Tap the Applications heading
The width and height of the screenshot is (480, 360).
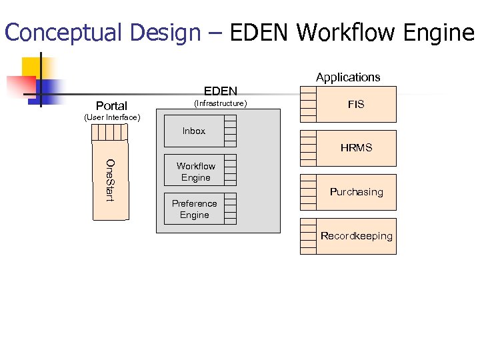pyautogui.click(x=348, y=77)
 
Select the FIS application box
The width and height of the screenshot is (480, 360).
pyautogui.click(x=356, y=105)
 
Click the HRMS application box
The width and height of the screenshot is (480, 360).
pyautogui.click(x=356, y=148)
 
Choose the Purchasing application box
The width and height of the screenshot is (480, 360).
pyautogui.click(x=356, y=192)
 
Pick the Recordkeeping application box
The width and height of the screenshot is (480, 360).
pyautogui.click(x=356, y=236)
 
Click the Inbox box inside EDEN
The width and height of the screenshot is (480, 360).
pyautogui.click(x=194, y=131)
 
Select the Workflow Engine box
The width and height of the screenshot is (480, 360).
pyautogui.click(x=195, y=172)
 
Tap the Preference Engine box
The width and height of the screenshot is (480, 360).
pyautogui.click(x=194, y=209)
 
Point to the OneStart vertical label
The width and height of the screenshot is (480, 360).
pyautogui.click(x=109, y=180)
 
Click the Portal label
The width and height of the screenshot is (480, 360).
pyautogui.click(x=111, y=105)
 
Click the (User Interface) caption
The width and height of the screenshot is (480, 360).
pyautogui.click(x=112, y=118)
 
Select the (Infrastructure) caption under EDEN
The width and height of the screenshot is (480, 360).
pyautogui.click(x=220, y=103)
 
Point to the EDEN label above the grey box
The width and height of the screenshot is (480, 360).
pyautogui.click(x=220, y=91)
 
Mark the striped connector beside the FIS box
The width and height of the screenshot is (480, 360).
pyautogui.click(x=308, y=105)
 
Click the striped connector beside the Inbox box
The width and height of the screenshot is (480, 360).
pyautogui.click(x=230, y=131)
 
